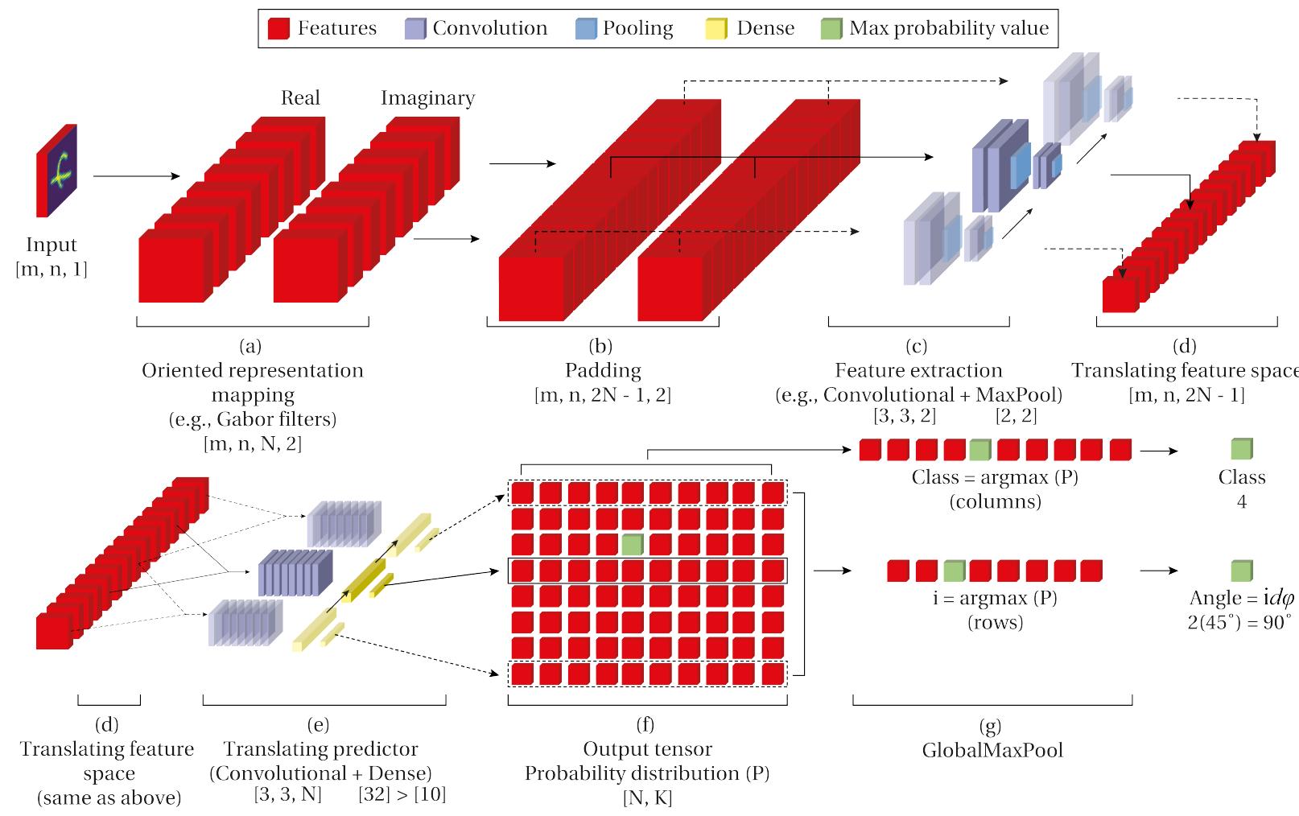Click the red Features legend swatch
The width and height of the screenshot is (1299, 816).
pyautogui.click(x=278, y=30)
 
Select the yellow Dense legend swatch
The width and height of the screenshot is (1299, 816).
pyautogui.click(x=716, y=30)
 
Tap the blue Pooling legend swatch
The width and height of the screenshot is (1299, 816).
pyautogui.click(x=587, y=30)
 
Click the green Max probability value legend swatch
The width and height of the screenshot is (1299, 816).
pyautogui.click(x=831, y=30)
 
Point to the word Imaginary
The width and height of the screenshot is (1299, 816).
pyautogui.click(x=427, y=98)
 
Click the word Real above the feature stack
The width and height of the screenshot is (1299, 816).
pyautogui.click(x=300, y=98)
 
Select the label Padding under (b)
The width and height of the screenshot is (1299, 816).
pyautogui.click(x=602, y=371)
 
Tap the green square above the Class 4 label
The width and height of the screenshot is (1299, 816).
pyautogui.click(x=1242, y=449)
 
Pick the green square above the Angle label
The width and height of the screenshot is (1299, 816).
pyautogui.click(x=1242, y=571)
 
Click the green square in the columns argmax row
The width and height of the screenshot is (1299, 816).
pyautogui.click(x=979, y=450)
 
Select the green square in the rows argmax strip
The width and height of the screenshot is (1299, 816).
pyautogui.click(x=954, y=571)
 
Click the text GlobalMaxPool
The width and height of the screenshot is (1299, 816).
pyautogui.click(x=992, y=751)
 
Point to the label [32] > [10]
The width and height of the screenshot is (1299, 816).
pyautogui.click(x=402, y=795)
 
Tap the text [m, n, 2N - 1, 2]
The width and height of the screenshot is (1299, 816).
pyautogui.click(x=602, y=395)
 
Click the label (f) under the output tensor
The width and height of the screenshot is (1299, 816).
pyautogui.click(x=645, y=725)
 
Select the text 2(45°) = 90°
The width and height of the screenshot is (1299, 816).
pyautogui.click(x=1239, y=623)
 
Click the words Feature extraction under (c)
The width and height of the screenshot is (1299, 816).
pyautogui.click(x=918, y=371)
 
